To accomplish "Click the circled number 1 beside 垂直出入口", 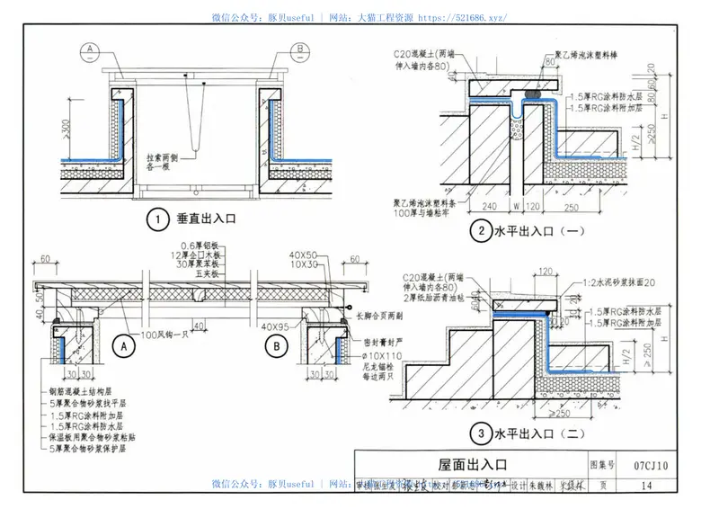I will coord(158,219).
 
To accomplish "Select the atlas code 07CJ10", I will coord(650,465).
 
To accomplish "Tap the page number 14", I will coord(648,486).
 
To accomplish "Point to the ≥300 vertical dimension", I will coord(68,127).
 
